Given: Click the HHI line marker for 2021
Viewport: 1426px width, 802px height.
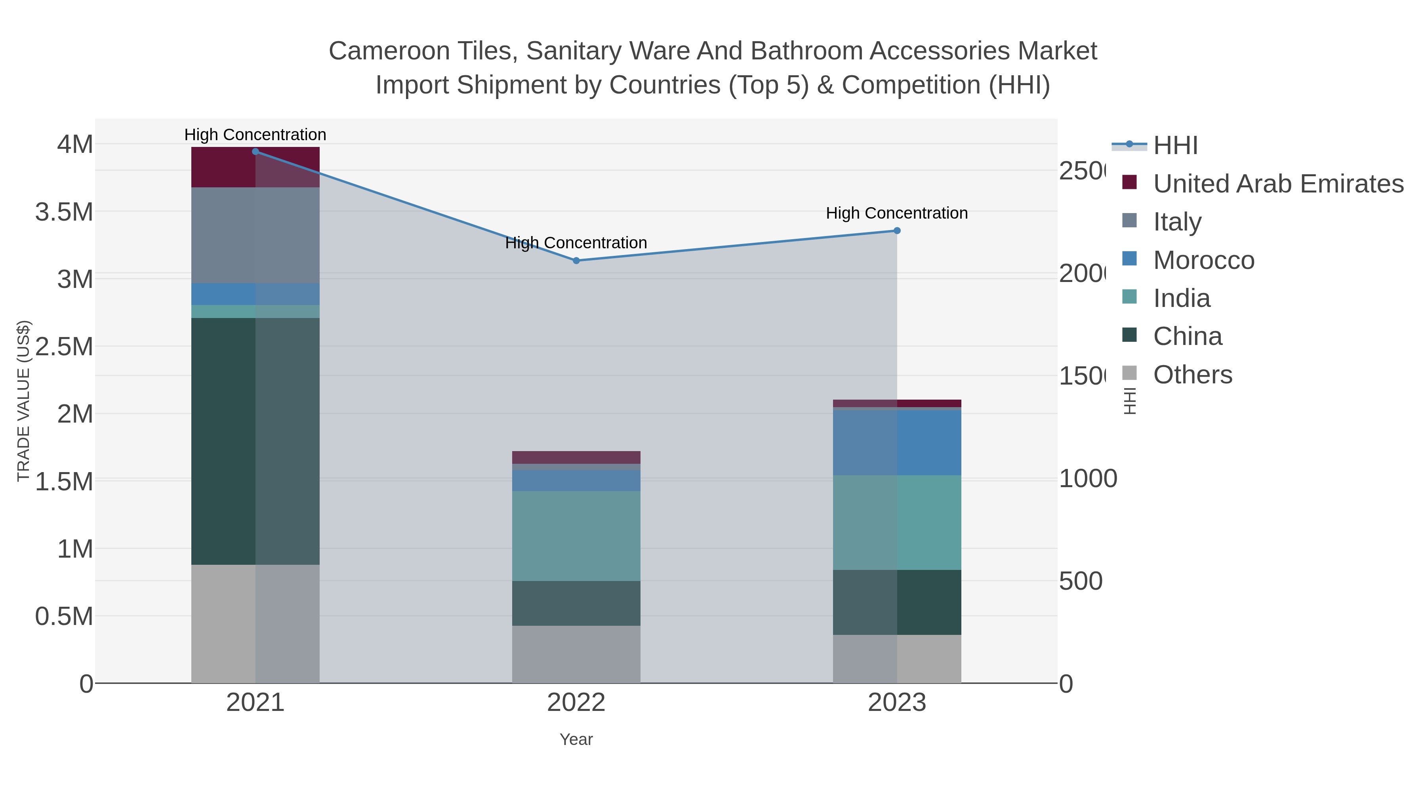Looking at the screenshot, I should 255,152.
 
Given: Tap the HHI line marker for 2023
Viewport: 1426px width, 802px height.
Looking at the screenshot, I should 897,231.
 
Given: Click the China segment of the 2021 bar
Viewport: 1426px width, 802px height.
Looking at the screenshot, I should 255,441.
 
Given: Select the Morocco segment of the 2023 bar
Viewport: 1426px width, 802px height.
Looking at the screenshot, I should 897,442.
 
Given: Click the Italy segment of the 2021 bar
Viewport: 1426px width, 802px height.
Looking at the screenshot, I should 255,235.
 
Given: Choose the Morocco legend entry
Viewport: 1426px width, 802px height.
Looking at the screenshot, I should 1203,260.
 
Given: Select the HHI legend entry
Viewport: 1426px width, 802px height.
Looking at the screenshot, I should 1175,146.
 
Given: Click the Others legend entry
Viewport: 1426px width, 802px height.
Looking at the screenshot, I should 1192,375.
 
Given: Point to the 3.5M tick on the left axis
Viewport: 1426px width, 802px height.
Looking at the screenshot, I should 64,212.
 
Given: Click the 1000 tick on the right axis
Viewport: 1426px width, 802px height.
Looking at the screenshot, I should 1087,479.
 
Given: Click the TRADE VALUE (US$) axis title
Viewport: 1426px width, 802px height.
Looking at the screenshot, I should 23,401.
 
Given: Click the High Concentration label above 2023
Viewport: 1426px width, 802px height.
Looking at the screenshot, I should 897,213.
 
